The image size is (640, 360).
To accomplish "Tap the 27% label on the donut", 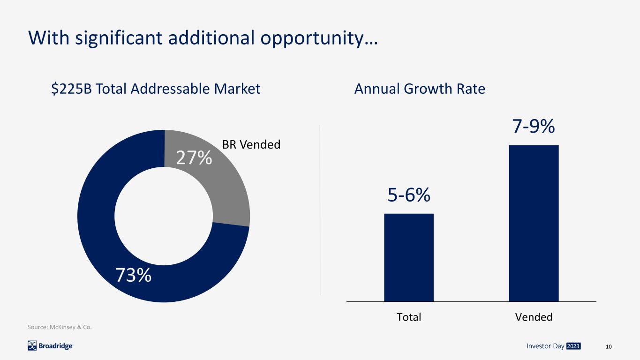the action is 194,157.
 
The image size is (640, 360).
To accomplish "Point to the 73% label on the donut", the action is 133,275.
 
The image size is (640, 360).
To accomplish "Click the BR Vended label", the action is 251,144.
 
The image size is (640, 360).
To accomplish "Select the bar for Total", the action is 408,257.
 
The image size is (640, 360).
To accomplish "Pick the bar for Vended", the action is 534,223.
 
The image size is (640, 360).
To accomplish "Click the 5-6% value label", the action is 409,195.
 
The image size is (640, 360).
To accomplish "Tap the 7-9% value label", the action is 534,126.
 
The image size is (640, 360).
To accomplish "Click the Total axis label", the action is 409,317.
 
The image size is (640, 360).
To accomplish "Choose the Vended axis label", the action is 534,317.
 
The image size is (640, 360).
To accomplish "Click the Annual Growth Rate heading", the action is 420,89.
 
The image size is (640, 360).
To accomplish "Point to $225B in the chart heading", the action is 71,89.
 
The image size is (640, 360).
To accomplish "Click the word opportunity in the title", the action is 312,38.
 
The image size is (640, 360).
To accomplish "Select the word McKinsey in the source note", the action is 62,327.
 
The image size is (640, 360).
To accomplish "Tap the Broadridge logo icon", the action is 32,346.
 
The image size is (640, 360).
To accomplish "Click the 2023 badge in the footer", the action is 573,346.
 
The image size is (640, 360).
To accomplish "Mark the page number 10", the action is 609,347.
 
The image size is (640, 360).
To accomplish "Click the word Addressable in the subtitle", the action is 170,89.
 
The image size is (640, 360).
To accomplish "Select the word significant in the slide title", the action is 119,38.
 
